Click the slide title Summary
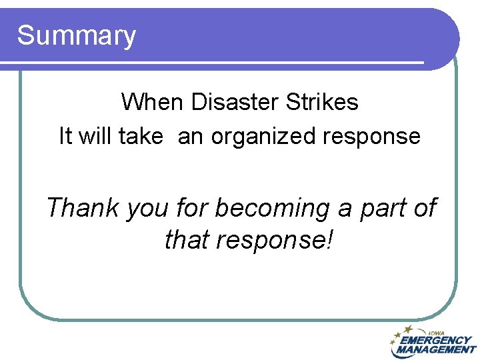tap(76, 35)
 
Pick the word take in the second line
tap(140, 137)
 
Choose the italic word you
tap(148, 209)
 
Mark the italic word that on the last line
tap(187, 239)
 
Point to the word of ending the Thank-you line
tap(425, 207)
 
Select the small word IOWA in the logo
tap(437, 333)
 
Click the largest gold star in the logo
tap(408, 329)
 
